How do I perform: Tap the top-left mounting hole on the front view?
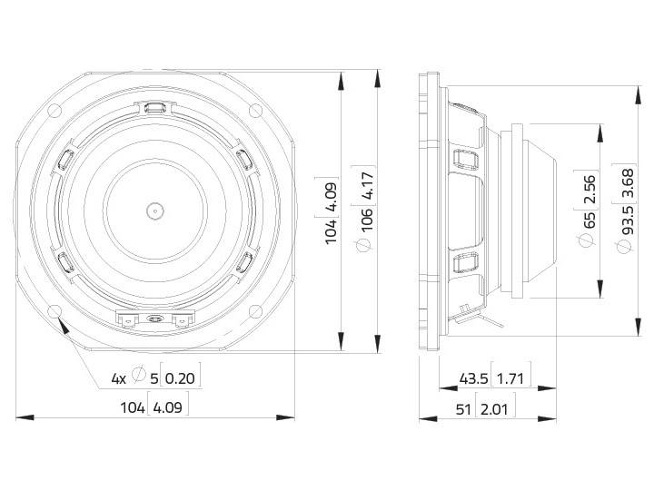tap(54, 112)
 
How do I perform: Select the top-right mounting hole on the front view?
tap(257, 112)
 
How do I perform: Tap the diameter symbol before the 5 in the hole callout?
tap(139, 376)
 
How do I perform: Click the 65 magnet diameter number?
tap(590, 219)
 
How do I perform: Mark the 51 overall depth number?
tap(463, 409)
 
